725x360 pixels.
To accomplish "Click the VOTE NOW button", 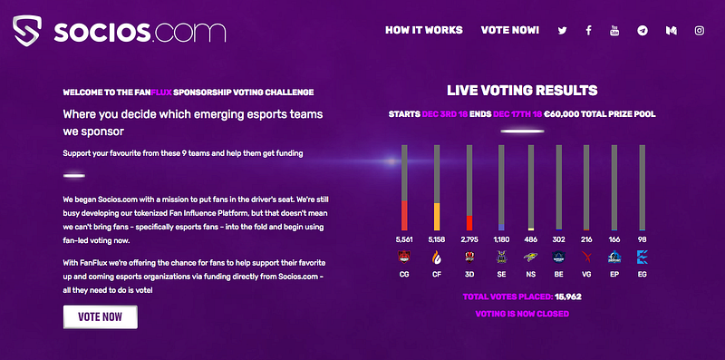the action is click(101, 317).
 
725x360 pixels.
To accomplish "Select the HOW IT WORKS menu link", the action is click(424, 31).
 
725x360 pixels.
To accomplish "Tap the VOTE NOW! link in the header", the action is click(510, 31).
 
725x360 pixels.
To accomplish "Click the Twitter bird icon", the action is click(562, 31).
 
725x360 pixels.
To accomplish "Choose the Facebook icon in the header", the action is click(588, 31).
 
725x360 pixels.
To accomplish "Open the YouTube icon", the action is click(614, 31).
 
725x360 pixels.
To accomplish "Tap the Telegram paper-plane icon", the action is click(643, 31).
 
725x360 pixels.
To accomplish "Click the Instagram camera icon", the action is click(700, 31).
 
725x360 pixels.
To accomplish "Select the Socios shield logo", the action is click(27, 31).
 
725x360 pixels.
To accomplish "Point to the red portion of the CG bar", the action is click(404, 216).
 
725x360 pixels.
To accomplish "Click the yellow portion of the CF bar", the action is click(437, 217).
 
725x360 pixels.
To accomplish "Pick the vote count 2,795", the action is click(469, 239).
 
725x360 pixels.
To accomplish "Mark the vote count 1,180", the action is click(502, 239).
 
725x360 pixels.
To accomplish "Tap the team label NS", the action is click(531, 275).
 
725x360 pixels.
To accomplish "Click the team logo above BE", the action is click(558, 258).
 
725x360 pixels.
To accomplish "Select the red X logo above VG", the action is click(586, 258).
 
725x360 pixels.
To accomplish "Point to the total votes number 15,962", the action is click(568, 297).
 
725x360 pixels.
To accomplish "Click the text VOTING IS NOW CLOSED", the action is click(522, 314).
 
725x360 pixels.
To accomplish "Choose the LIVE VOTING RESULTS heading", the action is click(522, 91).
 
